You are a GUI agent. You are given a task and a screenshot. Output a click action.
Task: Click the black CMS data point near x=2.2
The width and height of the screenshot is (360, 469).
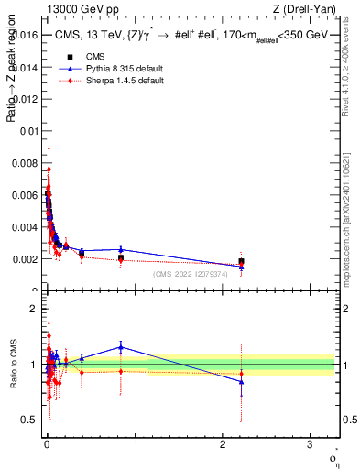pos(241,262)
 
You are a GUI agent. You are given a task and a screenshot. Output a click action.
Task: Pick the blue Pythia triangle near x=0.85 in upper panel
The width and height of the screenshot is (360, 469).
pos(121,249)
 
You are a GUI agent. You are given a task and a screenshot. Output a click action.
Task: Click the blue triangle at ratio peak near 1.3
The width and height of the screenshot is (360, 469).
pos(121,346)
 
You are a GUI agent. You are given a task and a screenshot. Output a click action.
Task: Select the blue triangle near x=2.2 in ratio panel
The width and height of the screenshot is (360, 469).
pos(241,381)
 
